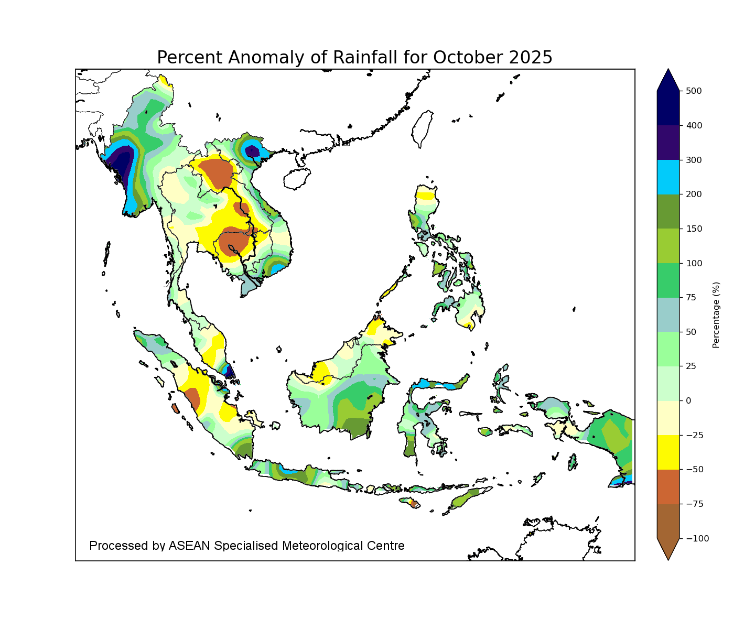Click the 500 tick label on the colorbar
click(x=693, y=91)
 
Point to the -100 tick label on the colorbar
click(x=695, y=538)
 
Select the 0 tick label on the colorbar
click(x=688, y=400)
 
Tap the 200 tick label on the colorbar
click(x=693, y=194)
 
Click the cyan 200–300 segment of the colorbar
click(x=668, y=177)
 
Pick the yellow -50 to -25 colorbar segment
click(x=668, y=452)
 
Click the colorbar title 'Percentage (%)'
click(x=716, y=314)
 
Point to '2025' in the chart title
click(x=531, y=57)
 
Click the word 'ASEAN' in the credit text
click(x=190, y=546)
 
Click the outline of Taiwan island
click(x=423, y=128)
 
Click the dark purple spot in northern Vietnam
click(x=253, y=151)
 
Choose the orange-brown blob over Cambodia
click(x=233, y=243)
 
